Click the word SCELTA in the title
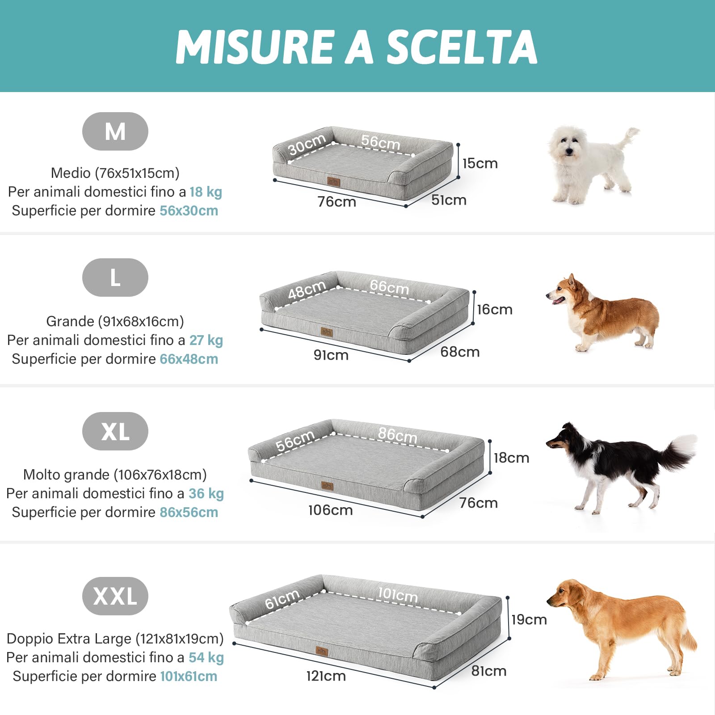(461, 47)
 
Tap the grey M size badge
(115, 131)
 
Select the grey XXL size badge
(115, 596)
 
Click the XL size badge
(115, 431)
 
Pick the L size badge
(115, 278)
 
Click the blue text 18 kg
(206, 192)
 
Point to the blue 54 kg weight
(206, 657)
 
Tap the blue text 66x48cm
(189, 359)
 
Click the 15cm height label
(480, 164)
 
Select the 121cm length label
(326, 676)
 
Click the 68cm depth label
(460, 352)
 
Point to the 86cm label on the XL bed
(397, 435)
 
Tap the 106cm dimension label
(330, 510)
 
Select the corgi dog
(603, 313)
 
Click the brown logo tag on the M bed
(333, 182)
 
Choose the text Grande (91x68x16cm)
(115, 321)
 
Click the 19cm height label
(529, 620)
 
